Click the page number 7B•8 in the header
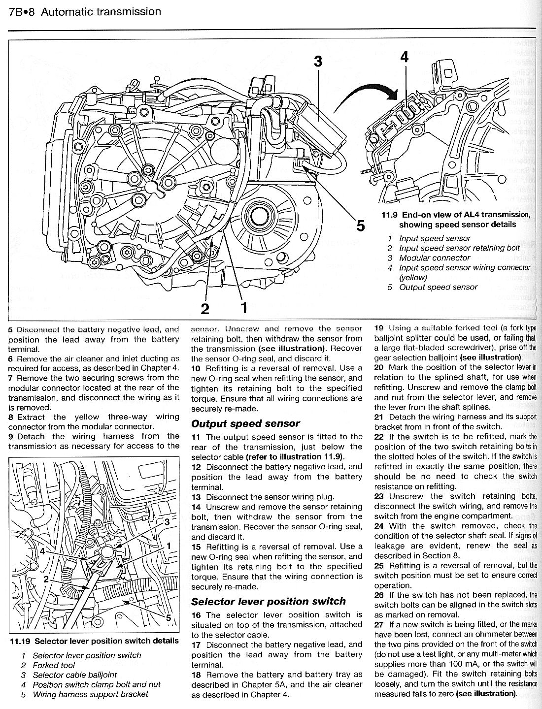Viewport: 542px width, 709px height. (21, 11)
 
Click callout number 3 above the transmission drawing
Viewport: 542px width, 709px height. (318, 62)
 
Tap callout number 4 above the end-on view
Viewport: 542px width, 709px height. (404, 57)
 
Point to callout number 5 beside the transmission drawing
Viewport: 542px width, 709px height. (361, 226)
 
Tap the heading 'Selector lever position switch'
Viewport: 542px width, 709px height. (269, 601)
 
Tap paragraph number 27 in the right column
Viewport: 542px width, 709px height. (379, 624)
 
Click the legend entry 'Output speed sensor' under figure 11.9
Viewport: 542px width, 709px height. (438, 288)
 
